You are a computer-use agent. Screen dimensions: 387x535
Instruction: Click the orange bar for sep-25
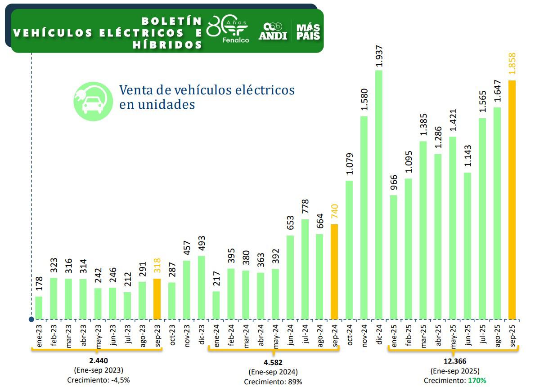pyautogui.click(x=512, y=200)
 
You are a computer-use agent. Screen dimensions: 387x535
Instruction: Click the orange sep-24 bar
pyautogui.click(x=334, y=271)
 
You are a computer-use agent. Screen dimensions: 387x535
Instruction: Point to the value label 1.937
pyautogui.click(x=379, y=57)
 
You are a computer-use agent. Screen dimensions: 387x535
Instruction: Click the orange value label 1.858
pyautogui.click(x=512, y=66)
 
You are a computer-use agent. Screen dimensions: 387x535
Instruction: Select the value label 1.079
pyautogui.click(x=349, y=166)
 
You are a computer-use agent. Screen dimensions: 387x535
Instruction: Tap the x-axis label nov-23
pyautogui.click(x=187, y=334)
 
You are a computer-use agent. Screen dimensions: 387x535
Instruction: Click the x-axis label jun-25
pyautogui.click(x=468, y=334)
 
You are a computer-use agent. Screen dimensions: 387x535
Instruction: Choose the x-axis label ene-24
pyautogui.click(x=216, y=334)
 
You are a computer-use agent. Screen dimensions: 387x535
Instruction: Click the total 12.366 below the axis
pyautogui.click(x=455, y=361)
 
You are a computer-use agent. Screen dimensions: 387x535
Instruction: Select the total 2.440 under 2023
pyautogui.click(x=98, y=360)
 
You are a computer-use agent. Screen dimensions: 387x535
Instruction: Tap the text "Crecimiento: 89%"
pyautogui.click(x=273, y=382)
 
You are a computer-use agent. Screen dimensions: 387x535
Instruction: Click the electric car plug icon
pyautogui.click(x=93, y=101)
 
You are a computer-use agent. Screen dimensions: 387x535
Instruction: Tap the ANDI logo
pyautogui.click(x=273, y=31)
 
